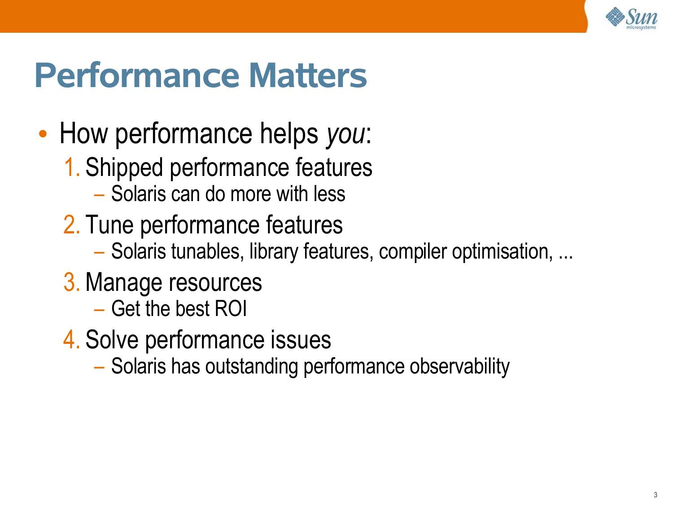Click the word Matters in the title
click(x=307, y=75)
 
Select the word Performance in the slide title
click(x=137, y=75)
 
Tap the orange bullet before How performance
click(x=43, y=134)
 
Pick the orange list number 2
click(x=71, y=224)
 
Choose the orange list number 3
click(x=71, y=282)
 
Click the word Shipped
click(x=124, y=168)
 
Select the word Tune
click(x=109, y=224)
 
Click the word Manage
click(x=123, y=283)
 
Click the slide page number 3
click(x=656, y=495)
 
